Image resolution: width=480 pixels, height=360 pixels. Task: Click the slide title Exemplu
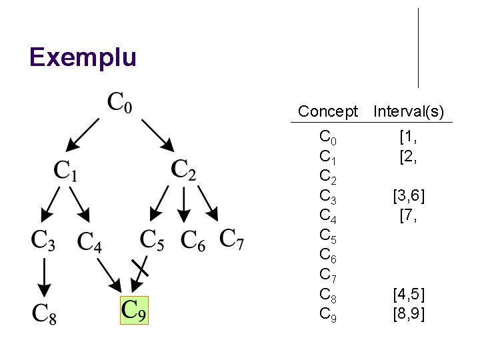pyautogui.click(x=83, y=57)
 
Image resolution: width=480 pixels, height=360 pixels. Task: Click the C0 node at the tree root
pyautogui.click(x=120, y=103)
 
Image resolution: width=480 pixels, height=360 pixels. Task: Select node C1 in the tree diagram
pyautogui.click(x=65, y=171)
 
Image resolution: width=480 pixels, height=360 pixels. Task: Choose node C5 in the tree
pyautogui.click(x=152, y=240)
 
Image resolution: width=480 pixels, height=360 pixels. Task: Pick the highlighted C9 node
pyautogui.click(x=134, y=310)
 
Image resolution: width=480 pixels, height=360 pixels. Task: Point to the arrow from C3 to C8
pyautogui.click(x=43, y=276)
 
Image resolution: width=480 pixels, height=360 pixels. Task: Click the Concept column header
pyautogui.click(x=328, y=111)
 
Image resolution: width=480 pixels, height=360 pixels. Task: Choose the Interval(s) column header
pyautogui.click(x=409, y=111)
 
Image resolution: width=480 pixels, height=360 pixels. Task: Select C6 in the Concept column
pyautogui.click(x=328, y=255)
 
